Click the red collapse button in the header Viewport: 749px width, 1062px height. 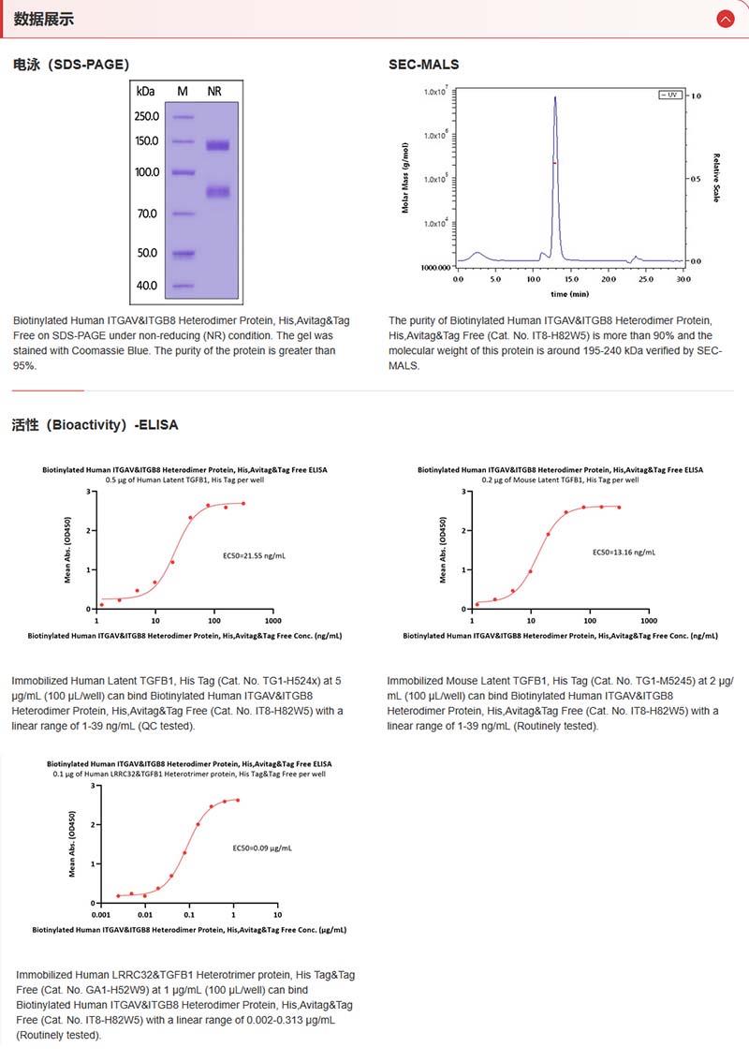725,19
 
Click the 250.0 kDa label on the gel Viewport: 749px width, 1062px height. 147,117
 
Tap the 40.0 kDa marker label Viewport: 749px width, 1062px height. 147,286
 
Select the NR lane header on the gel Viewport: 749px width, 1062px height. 214,91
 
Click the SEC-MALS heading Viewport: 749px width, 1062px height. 423,65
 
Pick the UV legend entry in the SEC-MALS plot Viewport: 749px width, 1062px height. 669,96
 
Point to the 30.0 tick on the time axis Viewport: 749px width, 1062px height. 683,279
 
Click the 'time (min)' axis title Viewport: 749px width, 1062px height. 570,293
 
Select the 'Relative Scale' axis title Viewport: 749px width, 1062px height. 716,178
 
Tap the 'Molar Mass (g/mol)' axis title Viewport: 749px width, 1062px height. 405,178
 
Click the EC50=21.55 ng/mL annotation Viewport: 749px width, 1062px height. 254,555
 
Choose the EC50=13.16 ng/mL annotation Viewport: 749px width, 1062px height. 624,553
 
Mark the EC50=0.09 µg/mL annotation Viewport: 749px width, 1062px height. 262,848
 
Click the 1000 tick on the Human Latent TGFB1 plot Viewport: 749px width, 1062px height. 272,621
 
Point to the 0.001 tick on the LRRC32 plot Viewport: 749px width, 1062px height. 100,914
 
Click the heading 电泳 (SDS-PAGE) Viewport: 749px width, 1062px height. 71,65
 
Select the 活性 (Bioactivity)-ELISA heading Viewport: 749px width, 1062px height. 95,424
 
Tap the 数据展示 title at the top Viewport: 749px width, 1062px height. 44,19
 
